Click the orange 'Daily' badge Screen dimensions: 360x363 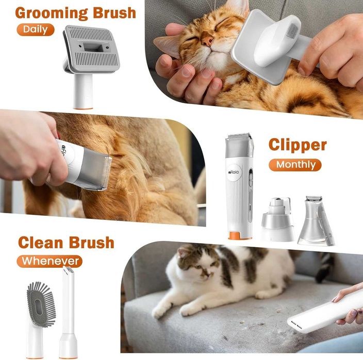pos(35,29)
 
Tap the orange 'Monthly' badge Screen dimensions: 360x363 pos(295,165)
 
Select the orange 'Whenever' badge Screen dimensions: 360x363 pos(49,261)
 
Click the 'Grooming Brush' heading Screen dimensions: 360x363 pos(76,12)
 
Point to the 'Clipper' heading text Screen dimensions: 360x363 pos(298,145)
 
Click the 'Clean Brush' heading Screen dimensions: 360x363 pos(66,242)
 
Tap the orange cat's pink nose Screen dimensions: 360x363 pos(207,40)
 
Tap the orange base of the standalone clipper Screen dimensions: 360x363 pos(240,236)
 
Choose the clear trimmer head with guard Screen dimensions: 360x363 pos(315,221)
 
